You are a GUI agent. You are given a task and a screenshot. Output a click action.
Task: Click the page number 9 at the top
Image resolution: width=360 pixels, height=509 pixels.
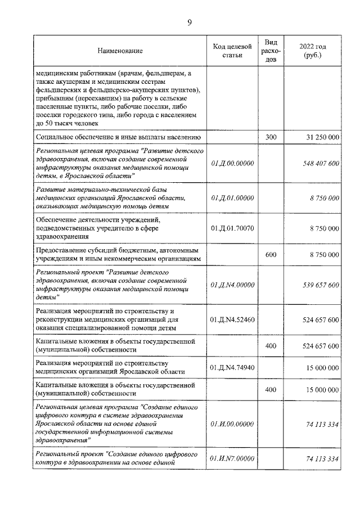190,22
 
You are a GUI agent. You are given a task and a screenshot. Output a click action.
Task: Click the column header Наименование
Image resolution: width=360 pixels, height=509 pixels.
120,51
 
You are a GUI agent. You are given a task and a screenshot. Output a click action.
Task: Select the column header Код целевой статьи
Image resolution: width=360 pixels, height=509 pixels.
232,51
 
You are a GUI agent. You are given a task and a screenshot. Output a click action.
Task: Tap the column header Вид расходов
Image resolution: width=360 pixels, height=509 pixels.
271,51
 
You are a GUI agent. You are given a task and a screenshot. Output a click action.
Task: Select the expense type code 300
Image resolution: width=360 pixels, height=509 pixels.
271,137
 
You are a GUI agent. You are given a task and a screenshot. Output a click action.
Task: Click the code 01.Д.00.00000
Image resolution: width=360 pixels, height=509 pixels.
232,163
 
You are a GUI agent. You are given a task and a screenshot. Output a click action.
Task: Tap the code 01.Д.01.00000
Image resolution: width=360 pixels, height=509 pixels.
232,198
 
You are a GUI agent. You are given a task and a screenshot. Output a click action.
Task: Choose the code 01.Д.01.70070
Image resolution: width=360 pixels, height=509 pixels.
232,228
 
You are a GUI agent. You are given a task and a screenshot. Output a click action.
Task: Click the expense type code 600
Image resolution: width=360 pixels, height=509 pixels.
271,255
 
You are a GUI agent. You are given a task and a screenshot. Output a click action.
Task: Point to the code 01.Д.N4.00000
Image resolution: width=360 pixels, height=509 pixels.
232,285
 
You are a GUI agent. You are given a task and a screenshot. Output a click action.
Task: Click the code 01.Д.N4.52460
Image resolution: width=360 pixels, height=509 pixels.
232,319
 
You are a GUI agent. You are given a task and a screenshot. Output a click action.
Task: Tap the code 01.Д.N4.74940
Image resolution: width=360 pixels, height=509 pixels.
232,367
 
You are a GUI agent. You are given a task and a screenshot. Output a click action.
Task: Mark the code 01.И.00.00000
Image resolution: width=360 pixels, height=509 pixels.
232,424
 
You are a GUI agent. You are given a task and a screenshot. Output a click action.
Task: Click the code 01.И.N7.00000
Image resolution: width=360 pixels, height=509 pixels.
232,459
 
